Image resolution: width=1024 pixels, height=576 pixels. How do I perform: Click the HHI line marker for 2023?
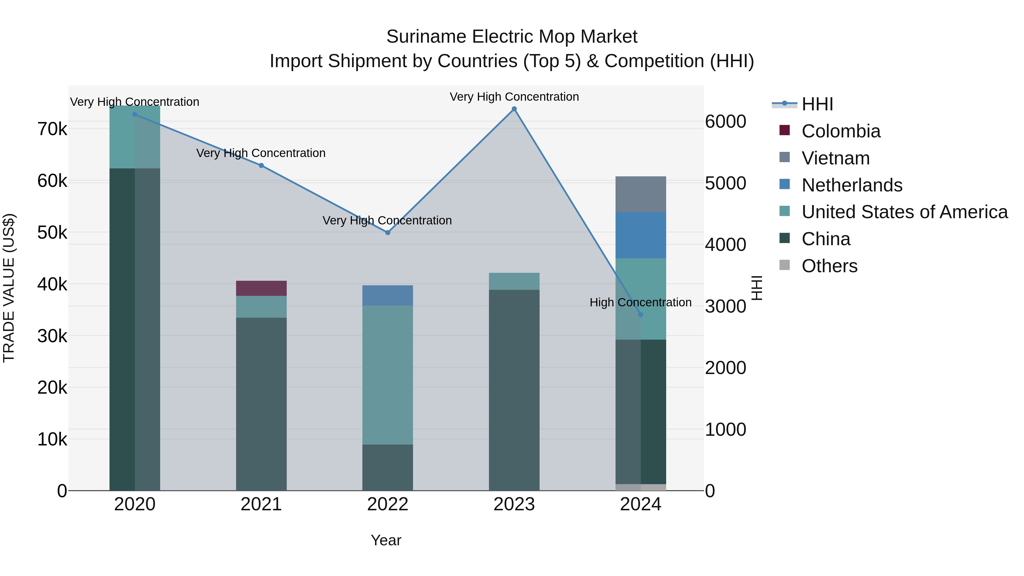coord(514,109)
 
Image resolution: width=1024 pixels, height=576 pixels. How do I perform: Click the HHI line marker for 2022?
coord(388,233)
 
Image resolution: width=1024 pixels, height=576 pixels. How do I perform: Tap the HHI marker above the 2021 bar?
coord(261,165)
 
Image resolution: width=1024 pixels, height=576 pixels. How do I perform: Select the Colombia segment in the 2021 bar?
coord(261,288)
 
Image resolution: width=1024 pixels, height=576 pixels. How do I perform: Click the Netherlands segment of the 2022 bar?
coord(388,295)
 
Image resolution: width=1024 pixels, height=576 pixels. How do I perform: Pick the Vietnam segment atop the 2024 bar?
coord(640,194)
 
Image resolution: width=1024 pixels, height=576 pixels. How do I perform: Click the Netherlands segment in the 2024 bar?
coord(640,235)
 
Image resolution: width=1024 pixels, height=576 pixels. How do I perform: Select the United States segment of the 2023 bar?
coord(514,281)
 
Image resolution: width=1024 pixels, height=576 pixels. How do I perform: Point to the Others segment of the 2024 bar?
coord(640,487)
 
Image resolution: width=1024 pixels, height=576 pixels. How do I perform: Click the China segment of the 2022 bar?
coord(388,467)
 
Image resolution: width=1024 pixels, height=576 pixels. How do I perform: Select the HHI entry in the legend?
coord(817,104)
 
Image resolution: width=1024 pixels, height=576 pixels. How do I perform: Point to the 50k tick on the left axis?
coord(52,233)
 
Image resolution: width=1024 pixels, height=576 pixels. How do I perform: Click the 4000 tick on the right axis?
coord(725,245)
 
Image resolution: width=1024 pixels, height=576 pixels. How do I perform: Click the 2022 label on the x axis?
coord(388,504)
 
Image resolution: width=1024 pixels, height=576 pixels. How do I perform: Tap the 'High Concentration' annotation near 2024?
coord(640,303)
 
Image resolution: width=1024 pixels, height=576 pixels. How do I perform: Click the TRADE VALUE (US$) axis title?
coord(9,288)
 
